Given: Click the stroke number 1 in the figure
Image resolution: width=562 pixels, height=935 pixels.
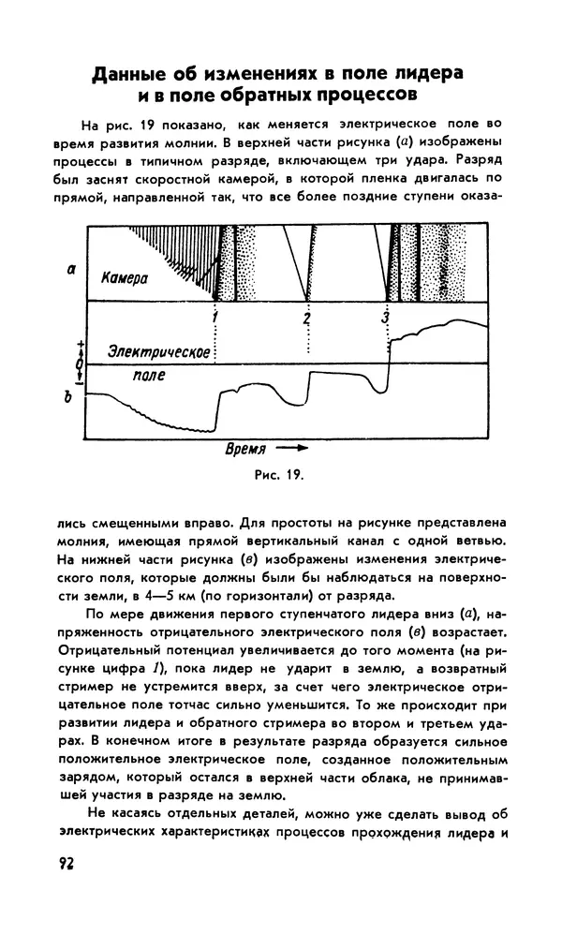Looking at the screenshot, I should pos(215,318).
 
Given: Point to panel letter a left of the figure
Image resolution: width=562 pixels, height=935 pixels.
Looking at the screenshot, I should pos(72,270).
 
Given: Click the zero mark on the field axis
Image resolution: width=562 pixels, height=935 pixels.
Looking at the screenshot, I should pos(80,363).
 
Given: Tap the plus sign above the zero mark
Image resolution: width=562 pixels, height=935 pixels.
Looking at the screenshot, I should pos(80,345).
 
